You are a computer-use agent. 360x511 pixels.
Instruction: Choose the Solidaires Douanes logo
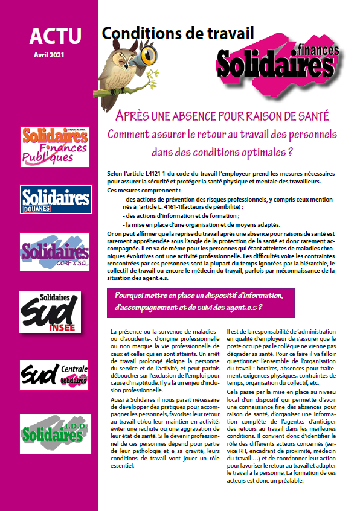[x=55, y=200]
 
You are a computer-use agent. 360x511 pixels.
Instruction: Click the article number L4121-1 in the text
[x=162, y=174]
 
